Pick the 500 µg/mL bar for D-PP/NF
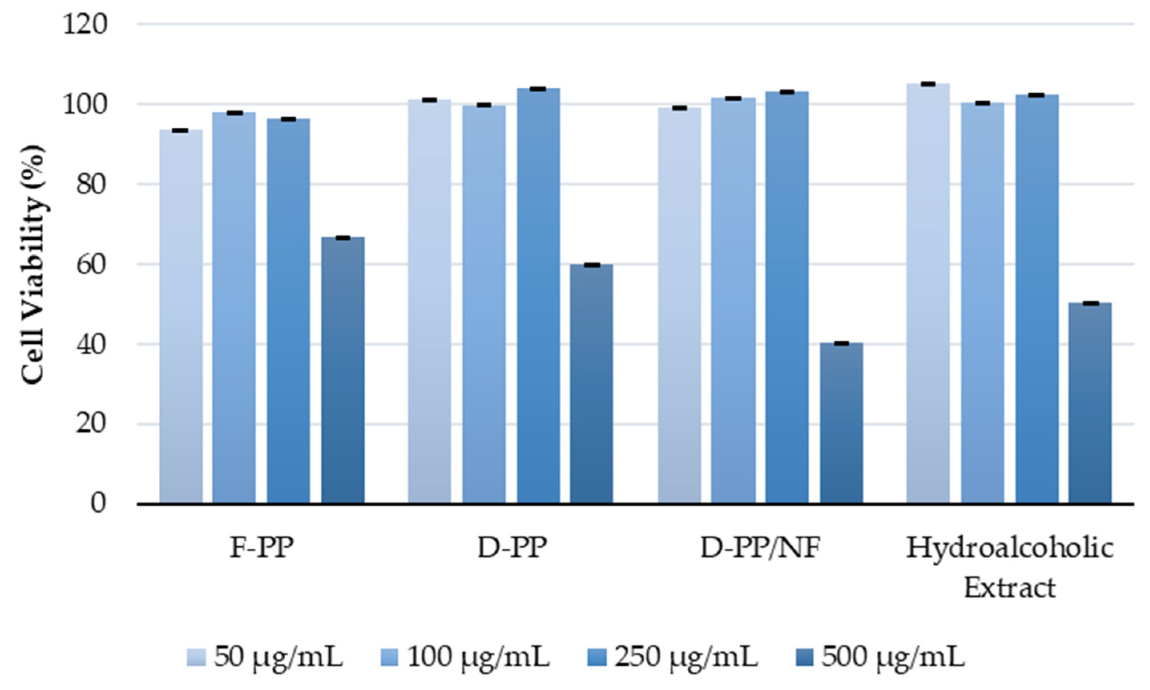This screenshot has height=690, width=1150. tap(841, 423)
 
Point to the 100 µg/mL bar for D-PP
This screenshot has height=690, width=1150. tap(484, 304)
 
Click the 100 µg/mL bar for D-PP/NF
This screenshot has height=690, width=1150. tap(733, 300)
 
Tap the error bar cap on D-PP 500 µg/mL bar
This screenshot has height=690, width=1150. tap(591, 265)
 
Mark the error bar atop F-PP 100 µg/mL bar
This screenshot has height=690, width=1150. tap(234, 113)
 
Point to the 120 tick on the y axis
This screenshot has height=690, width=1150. tap(85, 24)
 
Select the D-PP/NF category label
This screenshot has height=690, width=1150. tap(760, 549)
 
